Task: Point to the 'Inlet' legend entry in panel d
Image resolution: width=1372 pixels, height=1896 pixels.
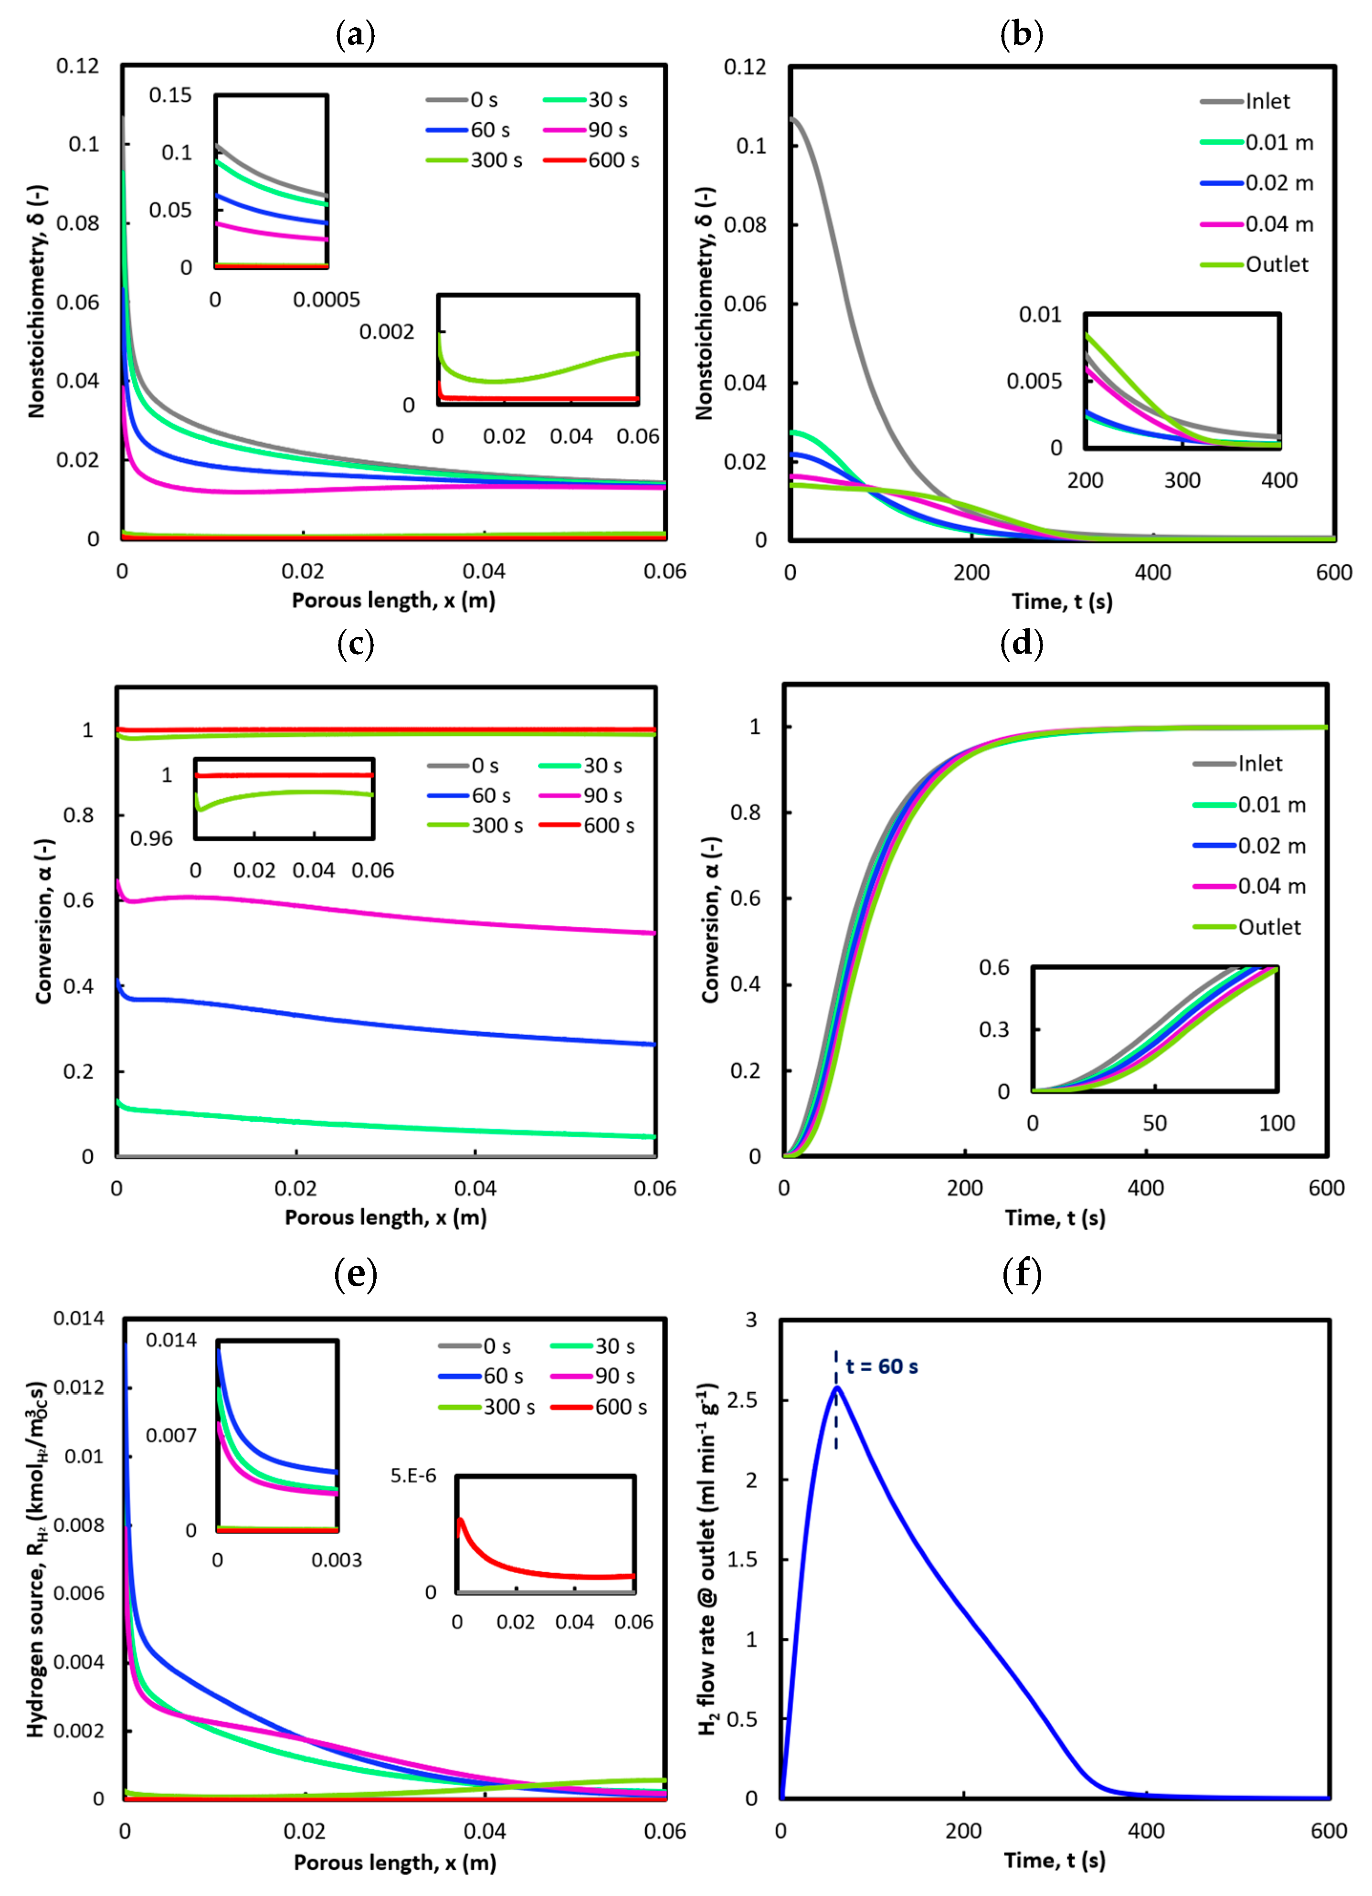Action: tap(1259, 763)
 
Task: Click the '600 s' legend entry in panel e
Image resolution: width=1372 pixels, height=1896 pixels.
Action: tap(621, 1407)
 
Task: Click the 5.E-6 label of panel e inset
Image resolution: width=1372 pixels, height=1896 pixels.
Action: tap(413, 1475)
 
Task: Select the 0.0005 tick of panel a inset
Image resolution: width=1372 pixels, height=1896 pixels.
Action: tap(326, 299)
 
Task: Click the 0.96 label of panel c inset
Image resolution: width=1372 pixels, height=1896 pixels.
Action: tap(151, 838)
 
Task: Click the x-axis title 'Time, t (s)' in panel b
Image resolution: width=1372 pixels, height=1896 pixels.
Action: tap(1062, 602)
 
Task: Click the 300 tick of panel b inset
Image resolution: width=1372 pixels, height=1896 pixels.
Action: tap(1182, 481)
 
